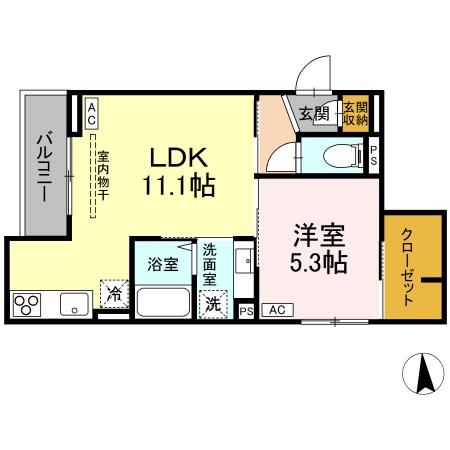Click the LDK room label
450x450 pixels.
179,158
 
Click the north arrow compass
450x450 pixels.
422,375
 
